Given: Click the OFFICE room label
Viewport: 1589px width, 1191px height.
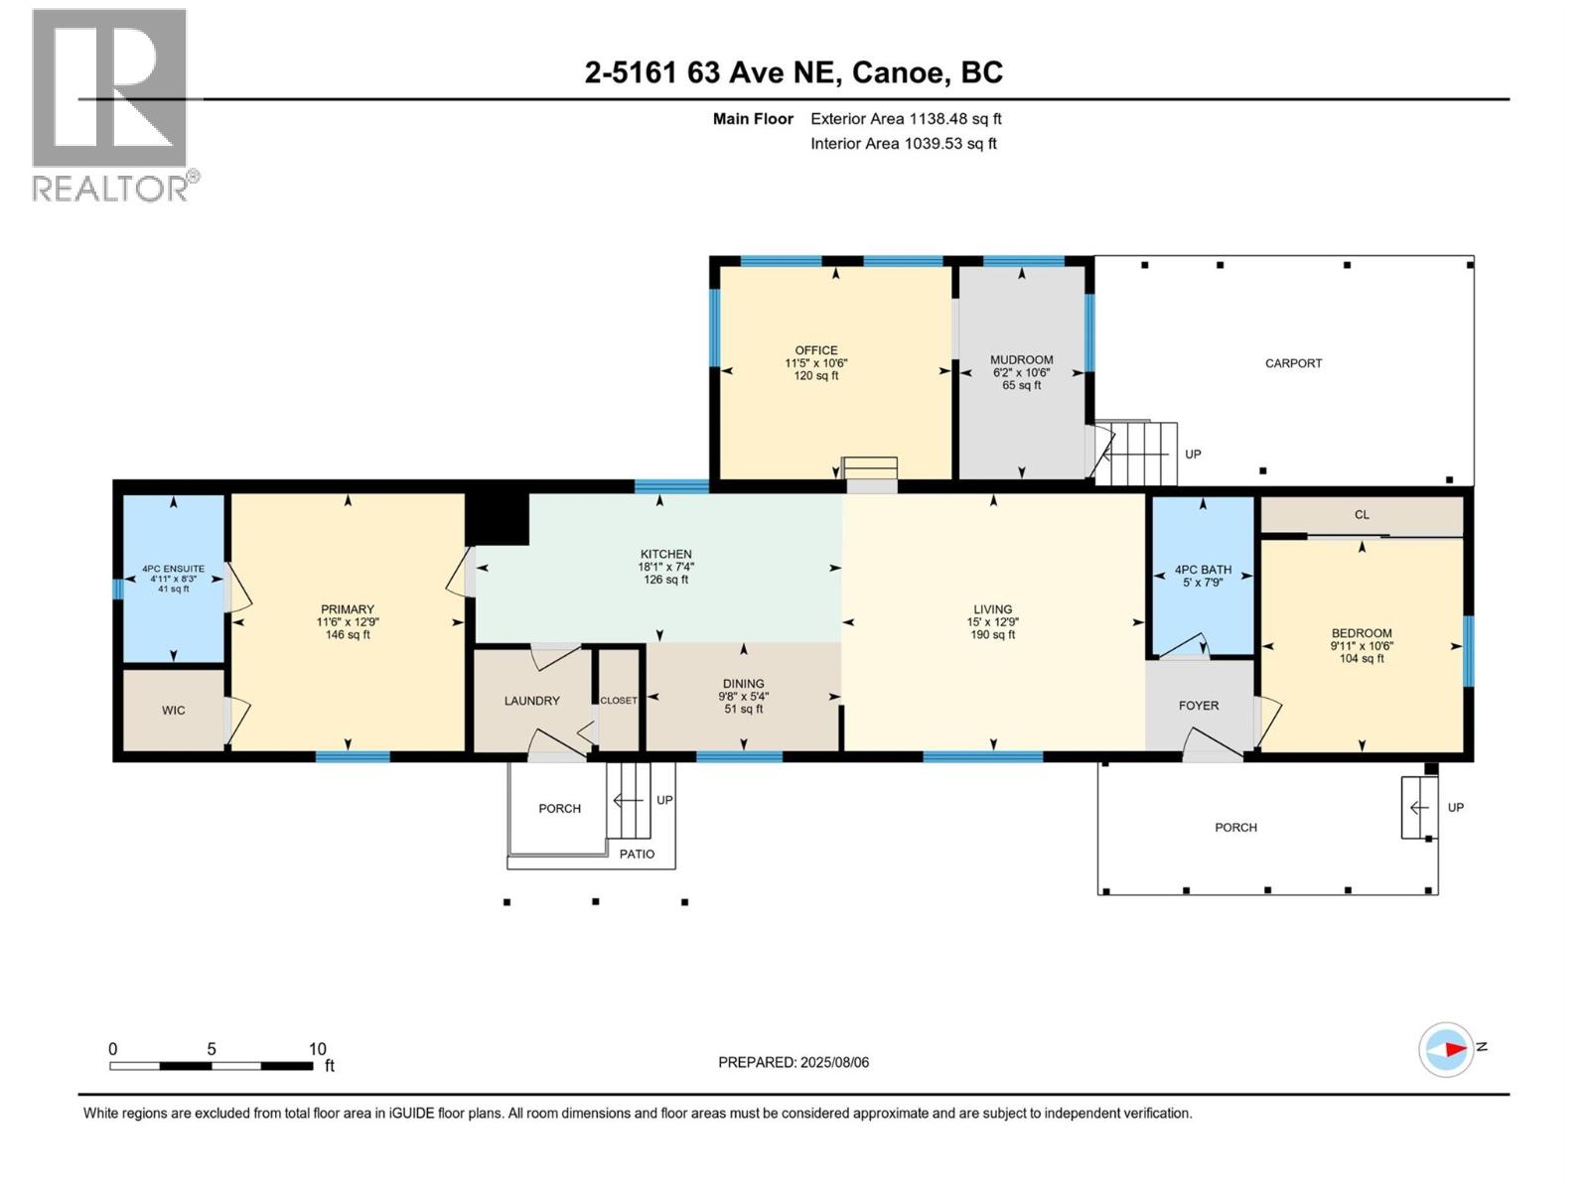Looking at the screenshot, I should tap(815, 350).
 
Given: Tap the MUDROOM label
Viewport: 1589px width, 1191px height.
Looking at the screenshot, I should tap(1021, 360).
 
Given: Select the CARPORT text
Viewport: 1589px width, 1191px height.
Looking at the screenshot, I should tap(1293, 363).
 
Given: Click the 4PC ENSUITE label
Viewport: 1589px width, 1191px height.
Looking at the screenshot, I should tap(173, 569).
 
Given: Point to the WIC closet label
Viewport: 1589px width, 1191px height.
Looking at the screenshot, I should tap(173, 711).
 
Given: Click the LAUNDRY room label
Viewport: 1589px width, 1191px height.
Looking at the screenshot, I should tap(531, 701).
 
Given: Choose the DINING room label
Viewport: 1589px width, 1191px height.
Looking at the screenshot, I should tap(743, 684).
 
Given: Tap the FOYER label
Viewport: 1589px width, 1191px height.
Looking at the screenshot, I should tap(1198, 706).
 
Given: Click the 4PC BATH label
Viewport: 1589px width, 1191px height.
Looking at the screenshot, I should tap(1203, 570).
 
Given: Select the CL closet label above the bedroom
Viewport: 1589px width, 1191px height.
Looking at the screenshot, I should tap(1362, 515).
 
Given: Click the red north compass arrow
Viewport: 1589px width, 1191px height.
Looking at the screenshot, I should tap(1455, 1048).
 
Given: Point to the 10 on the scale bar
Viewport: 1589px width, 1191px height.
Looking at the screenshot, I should tap(317, 1049).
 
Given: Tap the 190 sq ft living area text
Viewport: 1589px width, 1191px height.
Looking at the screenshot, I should tap(992, 635).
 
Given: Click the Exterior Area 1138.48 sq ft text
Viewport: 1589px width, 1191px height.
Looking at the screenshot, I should tap(906, 119).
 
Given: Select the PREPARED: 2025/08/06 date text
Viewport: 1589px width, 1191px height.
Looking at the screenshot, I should tap(794, 1062).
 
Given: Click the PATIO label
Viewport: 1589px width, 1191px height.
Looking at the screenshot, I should tap(637, 855).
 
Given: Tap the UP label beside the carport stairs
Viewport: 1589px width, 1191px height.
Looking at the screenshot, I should tap(1193, 455).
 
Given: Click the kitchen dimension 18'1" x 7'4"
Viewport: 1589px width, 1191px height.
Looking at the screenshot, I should tap(665, 567).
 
